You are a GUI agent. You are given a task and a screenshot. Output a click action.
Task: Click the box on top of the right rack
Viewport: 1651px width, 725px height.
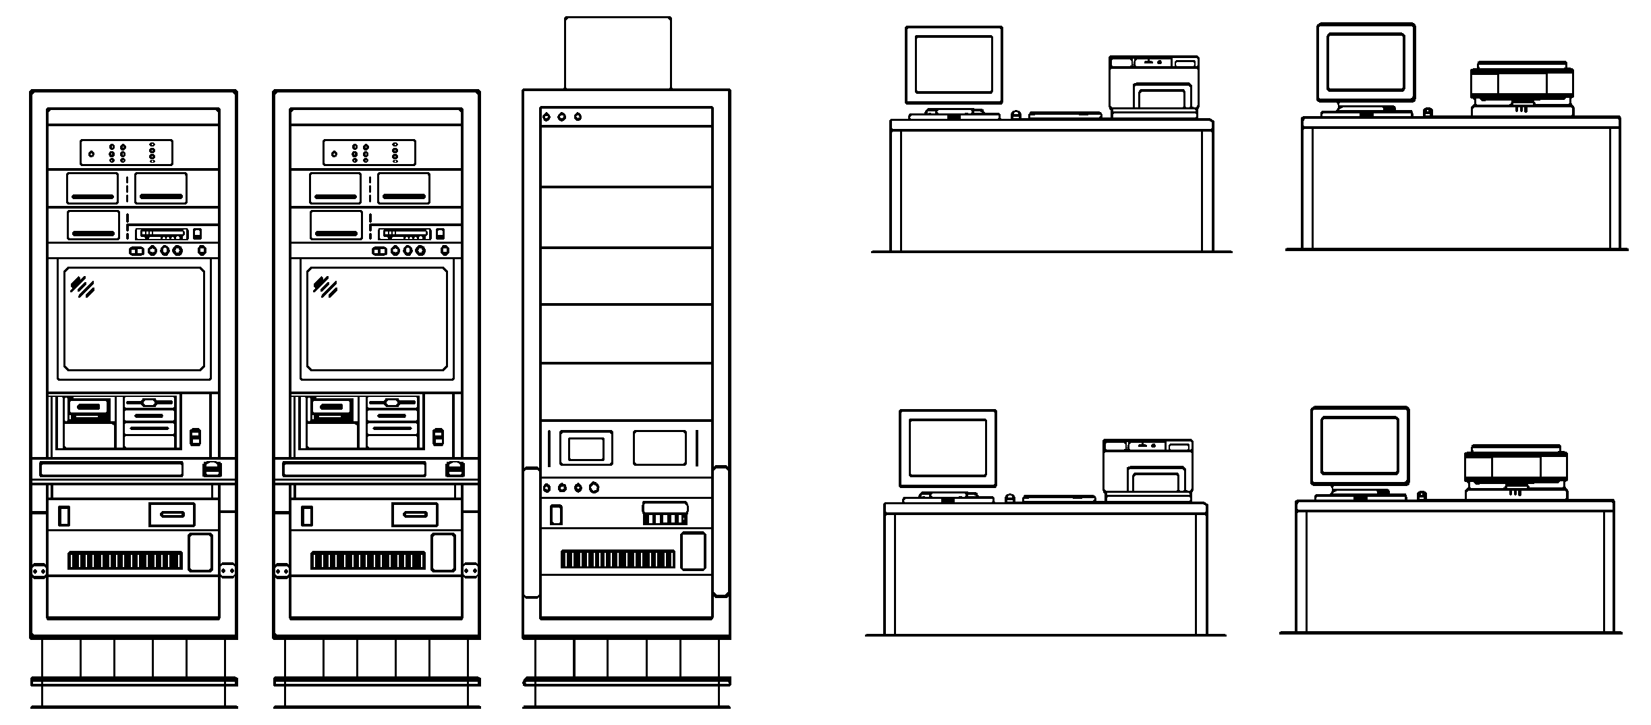[x=617, y=53]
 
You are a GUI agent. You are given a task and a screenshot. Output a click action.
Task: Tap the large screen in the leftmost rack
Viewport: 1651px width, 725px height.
[x=134, y=319]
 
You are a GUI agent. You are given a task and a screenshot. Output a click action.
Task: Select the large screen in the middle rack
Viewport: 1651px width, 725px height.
[x=377, y=319]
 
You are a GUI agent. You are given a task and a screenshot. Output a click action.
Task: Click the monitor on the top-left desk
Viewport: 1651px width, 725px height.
[x=953, y=65]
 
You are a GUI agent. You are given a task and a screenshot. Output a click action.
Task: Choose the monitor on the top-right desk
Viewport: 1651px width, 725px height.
[x=1366, y=62]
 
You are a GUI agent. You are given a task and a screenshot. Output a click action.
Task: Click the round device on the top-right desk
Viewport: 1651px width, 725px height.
[x=1521, y=88]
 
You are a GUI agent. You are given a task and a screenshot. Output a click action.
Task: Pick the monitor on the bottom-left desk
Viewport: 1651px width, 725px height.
[x=947, y=448]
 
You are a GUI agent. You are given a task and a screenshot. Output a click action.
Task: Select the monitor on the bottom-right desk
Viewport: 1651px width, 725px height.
[x=1360, y=446]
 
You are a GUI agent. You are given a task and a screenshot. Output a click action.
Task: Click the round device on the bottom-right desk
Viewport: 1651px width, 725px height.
[x=1515, y=472]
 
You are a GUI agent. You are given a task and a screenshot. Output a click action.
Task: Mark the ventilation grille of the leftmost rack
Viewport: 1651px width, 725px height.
[x=125, y=560]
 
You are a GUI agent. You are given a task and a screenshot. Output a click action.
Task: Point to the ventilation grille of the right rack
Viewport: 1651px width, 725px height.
[x=617, y=559]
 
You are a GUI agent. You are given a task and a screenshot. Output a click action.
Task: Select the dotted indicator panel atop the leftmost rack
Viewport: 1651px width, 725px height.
[x=126, y=153]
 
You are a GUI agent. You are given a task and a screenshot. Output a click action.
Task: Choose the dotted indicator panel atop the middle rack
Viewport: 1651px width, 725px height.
[x=369, y=153]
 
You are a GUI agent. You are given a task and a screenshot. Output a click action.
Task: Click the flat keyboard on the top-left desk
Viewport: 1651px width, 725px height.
[x=1065, y=115]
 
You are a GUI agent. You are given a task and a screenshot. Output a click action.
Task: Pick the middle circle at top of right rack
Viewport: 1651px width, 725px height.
[x=562, y=117]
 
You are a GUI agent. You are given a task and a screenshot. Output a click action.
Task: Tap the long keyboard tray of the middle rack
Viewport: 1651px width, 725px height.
[x=354, y=469]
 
